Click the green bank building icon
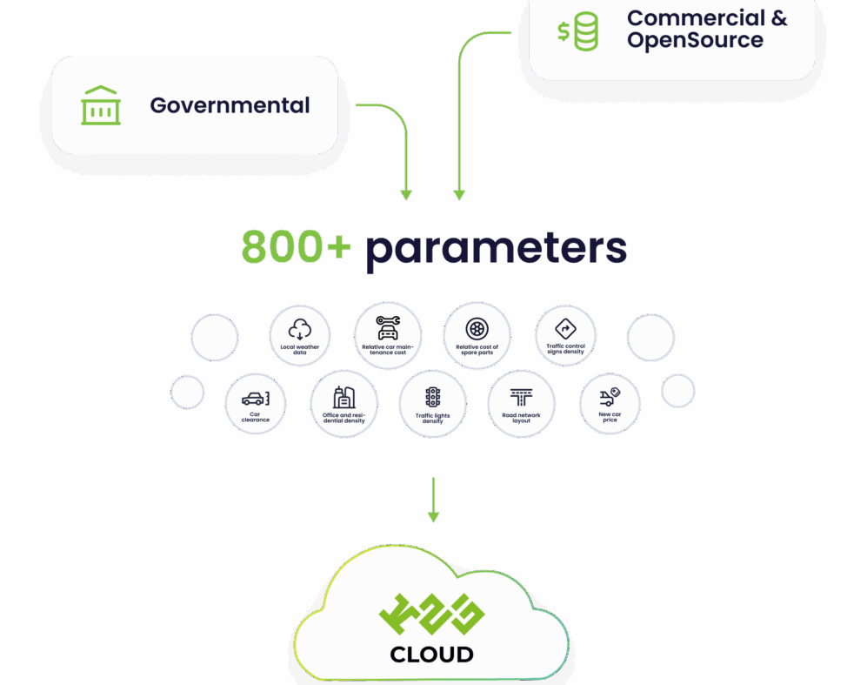[101, 105]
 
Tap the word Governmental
[230, 105]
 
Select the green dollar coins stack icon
[578, 31]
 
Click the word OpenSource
[695, 41]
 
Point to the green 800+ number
[296, 247]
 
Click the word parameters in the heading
[496, 249]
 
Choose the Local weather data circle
[300, 337]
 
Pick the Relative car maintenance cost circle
[388, 336]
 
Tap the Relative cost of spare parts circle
[477, 336]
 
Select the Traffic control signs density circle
[565, 336]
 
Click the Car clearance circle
[256, 405]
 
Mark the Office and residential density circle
[343, 405]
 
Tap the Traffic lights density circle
[432, 405]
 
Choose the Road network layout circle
[521, 404]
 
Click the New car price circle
[609, 404]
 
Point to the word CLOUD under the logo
[432, 655]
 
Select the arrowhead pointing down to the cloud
[433, 517]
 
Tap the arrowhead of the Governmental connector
[405, 195]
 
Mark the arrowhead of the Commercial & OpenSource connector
[460, 195]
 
